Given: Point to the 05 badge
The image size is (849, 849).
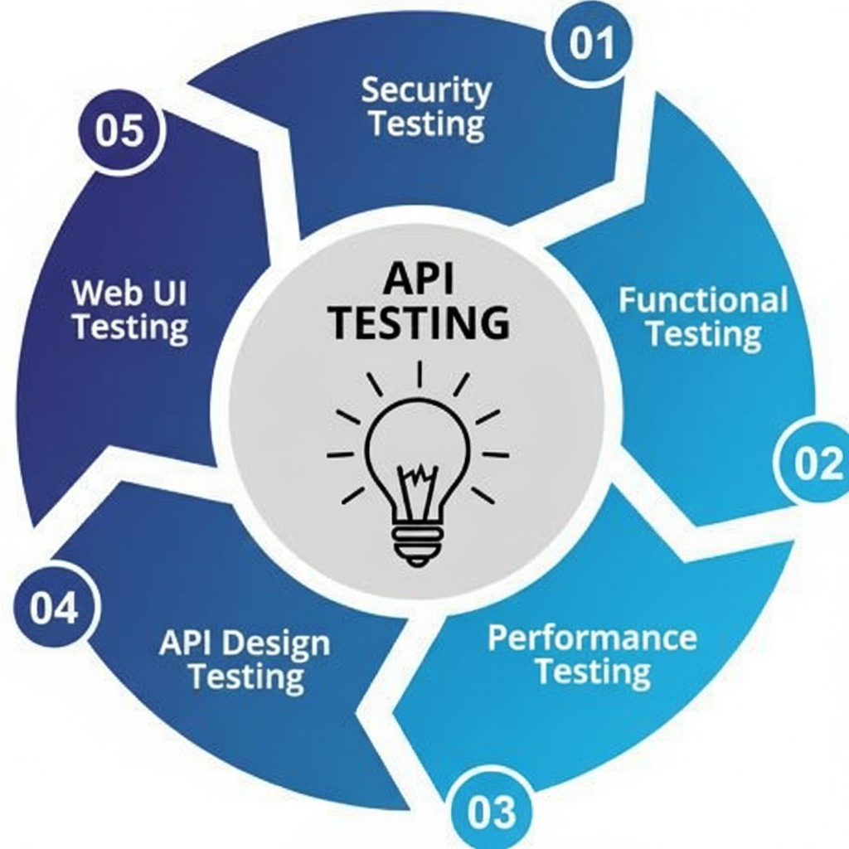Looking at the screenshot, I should pos(119,131).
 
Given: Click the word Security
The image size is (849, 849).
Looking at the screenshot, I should pos(426,90).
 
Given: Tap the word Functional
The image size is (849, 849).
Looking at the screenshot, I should pos(703,299).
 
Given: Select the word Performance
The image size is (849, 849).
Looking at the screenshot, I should pos(592,638).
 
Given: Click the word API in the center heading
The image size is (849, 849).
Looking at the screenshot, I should pos(419,280).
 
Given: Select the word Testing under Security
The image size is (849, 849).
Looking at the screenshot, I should pos(426,124).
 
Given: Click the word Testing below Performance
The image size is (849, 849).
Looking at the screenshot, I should pos(592,672).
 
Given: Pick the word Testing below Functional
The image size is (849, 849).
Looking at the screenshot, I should pos(703,334).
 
